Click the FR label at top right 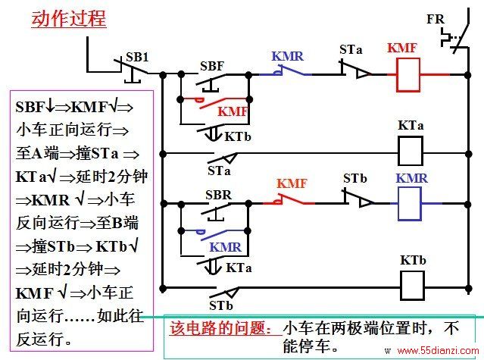(x=436, y=19)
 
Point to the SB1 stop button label (x=137, y=57)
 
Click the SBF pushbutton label (x=212, y=66)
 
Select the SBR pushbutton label (x=219, y=195)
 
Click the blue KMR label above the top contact (x=288, y=56)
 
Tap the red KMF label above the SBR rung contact (x=292, y=183)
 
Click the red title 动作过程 (x=69, y=18)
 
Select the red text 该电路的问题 (x=217, y=328)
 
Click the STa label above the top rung (x=351, y=49)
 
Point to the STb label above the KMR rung (x=355, y=178)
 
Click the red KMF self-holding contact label (x=233, y=111)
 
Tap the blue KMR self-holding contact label (x=226, y=247)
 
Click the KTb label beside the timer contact (x=238, y=136)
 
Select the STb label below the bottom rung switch (x=221, y=305)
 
